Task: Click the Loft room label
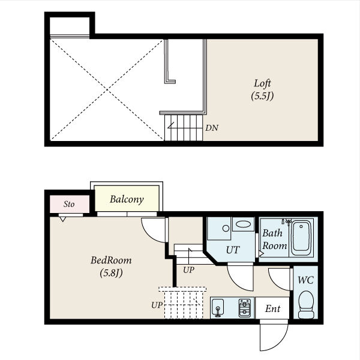tap(262, 83)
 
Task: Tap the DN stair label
tap(212, 128)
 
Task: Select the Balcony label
tap(127, 199)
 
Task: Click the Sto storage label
tap(69, 204)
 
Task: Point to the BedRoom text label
tap(111, 260)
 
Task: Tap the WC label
tap(305, 280)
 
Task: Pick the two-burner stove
tap(245, 308)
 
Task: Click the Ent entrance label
tap(272, 308)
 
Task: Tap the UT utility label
tap(233, 250)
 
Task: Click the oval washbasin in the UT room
tap(243, 224)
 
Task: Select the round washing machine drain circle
tap(226, 228)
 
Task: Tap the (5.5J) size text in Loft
tap(262, 96)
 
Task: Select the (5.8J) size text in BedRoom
tap(111, 273)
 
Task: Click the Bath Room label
tap(275, 239)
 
